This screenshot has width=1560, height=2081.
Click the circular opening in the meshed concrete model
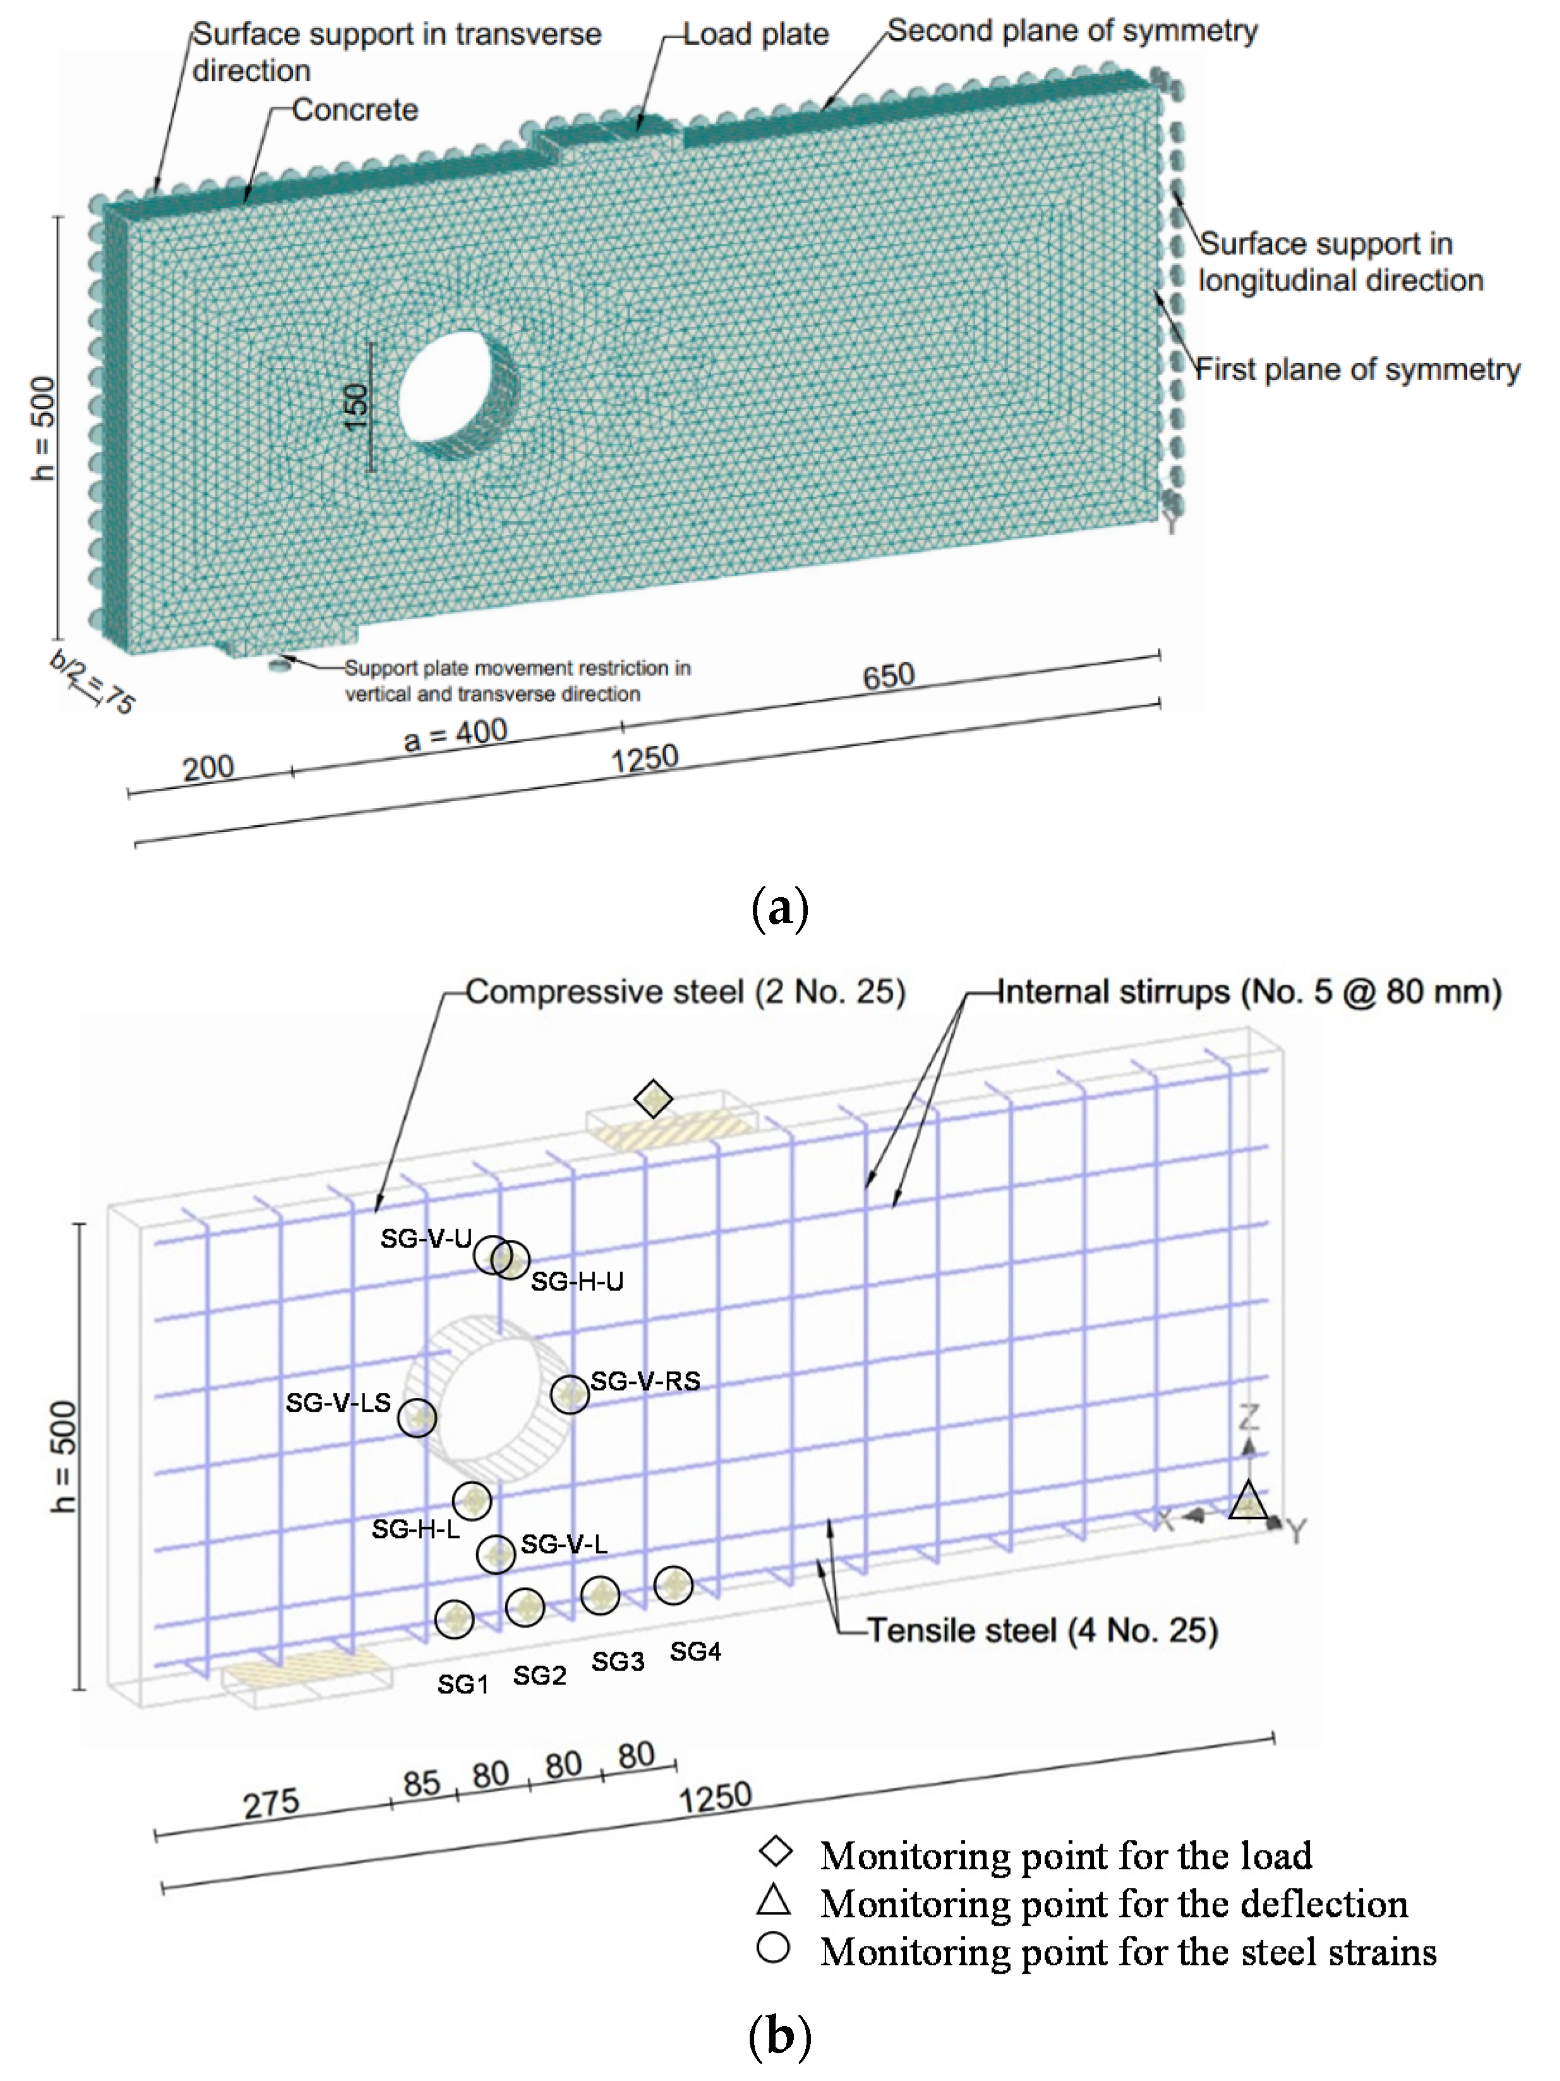click(x=459, y=393)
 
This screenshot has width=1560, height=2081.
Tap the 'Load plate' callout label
click(x=755, y=35)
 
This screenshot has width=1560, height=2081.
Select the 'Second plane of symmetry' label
click(x=1072, y=31)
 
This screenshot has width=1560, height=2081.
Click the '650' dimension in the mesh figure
click(x=888, y=676)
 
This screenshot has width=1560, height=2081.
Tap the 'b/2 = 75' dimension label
click(x=93, y=682)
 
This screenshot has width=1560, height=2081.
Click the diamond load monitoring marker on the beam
click(x=653, y=1098)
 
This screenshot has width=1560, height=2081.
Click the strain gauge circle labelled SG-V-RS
click(x=569, y=1393)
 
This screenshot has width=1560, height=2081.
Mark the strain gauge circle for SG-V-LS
click(x=417, y=1416)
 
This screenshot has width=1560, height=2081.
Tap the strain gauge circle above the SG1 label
click(x=455, y=1618)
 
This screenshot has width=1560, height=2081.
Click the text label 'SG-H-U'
click(x=577, y=1281)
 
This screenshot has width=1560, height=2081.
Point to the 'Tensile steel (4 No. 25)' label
click(x=1041, y=1630)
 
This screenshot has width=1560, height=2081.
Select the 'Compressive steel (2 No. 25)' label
click(x=685, y=992)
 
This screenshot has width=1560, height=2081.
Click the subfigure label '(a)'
click(x=780, y=908)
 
